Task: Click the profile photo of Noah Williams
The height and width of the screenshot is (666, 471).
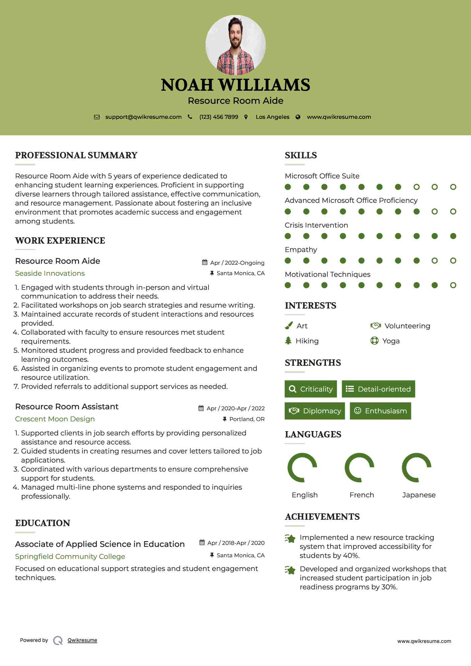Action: [x=235, y=45]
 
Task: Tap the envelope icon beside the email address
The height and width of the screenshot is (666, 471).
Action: [x=97, y=117]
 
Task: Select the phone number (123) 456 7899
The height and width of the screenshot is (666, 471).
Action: [x=219, y=117]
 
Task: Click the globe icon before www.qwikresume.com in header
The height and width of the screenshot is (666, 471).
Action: [x=298, y=117]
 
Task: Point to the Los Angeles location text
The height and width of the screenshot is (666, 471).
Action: [x=272, y=117]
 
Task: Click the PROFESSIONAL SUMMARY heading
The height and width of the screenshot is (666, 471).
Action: [x=76, y=155]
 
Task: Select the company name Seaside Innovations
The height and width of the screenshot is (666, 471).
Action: [x=50, y=273]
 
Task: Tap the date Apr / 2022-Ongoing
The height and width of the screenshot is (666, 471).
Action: [x=237, y=263]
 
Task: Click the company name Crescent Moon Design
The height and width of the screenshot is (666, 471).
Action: [x=55, y=419]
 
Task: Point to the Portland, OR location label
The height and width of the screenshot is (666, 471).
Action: [x=247, y=419]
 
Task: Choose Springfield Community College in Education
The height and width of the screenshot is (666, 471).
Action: [x=70, y=557]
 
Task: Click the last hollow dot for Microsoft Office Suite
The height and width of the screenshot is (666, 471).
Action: [x=453, y=187]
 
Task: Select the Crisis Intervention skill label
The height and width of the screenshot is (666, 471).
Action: [x=316, y=225]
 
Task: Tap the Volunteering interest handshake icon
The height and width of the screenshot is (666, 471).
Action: [x=376, y=326]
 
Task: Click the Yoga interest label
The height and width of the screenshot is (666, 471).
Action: [x=391, y=341]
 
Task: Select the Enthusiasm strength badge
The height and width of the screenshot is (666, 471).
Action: [x=380, y=411]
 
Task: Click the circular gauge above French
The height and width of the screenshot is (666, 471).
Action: [x=359, y=468]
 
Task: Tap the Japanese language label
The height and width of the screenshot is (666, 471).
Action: [x=419, y=495]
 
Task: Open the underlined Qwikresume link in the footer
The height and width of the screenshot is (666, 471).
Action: [x=82, y=640]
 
